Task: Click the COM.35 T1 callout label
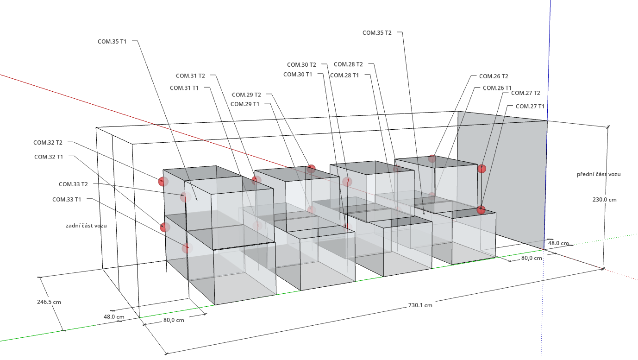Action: [x=112, y=41]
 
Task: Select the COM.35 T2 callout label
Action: [x=377, y=32]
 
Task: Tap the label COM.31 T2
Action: [x=190, y=76]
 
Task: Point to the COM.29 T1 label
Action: [x=245, y=104]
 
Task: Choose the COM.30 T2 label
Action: [x=301, y=65]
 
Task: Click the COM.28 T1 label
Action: [x=344, y=75]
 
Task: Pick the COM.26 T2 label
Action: [x=494, y=76]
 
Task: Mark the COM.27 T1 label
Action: [x=530, y=106]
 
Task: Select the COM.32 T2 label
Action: [x=48, y=142]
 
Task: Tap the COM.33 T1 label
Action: [x=67, y=199]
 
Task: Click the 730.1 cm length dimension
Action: [x=420, y=305]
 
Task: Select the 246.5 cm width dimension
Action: [x=49, y=302]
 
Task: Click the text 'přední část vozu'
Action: [x=598, y=174]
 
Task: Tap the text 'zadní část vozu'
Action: [x=86, y=225]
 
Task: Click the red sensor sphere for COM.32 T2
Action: [x=163, y=181]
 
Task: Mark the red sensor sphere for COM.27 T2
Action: [x=482, y=169]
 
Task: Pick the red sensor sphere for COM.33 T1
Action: [x=186, y=248]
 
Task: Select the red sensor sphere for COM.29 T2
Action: [x=311, y=169]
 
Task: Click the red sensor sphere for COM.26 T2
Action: [x=432, y=158]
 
